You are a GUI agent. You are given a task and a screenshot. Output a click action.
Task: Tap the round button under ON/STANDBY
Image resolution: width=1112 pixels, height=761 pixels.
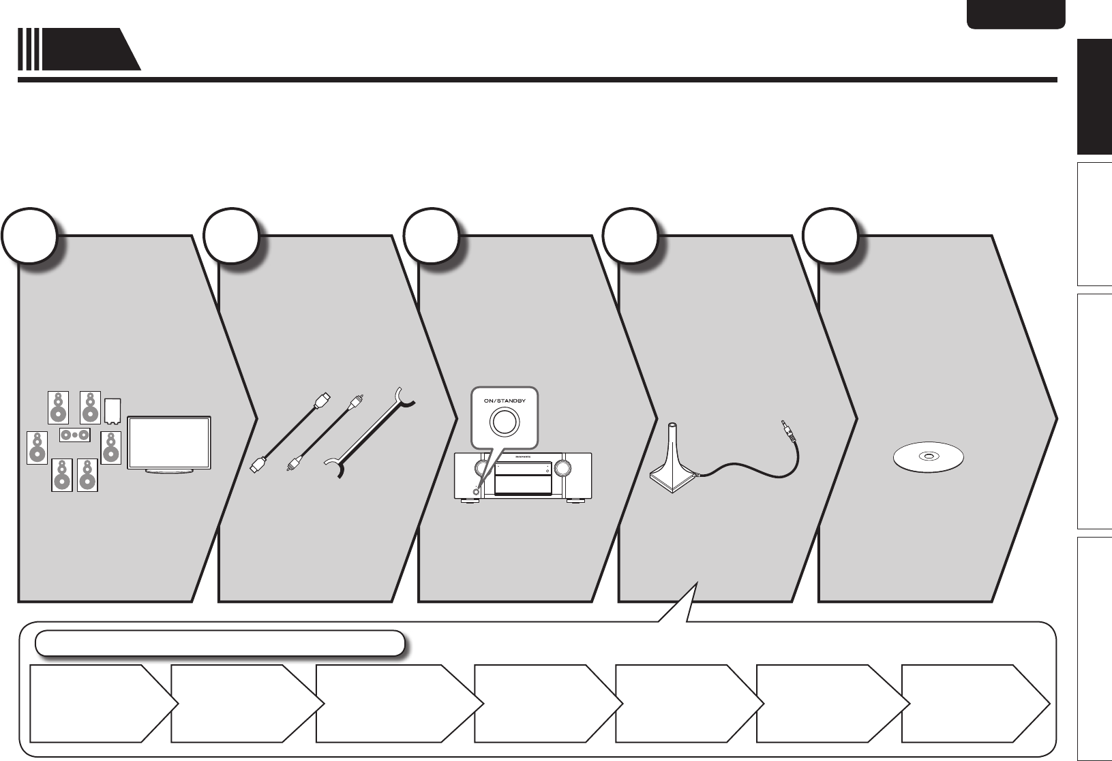[x=504, y=422]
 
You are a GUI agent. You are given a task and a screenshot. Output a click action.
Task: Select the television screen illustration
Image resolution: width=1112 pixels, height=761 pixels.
[x=170, y=441]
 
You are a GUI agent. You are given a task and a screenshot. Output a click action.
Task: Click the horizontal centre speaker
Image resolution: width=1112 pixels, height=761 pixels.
[x=75, y=434]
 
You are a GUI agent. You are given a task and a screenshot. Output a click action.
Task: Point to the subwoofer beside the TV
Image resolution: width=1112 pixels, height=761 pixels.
[x=113, y=411]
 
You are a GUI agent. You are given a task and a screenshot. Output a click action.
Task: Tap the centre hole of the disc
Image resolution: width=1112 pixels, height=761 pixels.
[x=929, y=456]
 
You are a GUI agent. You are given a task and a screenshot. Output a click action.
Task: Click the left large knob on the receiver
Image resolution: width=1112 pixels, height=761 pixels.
[x=482, y=467]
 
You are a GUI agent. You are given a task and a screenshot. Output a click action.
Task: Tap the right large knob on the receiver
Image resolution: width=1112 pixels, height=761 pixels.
[x=563, y=467]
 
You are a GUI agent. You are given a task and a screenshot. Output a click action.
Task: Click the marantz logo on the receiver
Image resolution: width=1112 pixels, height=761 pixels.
[x=522, y=456]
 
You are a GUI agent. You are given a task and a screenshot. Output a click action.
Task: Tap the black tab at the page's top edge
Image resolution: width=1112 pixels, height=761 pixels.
[x=1015, y=14]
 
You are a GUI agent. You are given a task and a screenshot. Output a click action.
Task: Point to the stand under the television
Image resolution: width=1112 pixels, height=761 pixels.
[x=170, y=471]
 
